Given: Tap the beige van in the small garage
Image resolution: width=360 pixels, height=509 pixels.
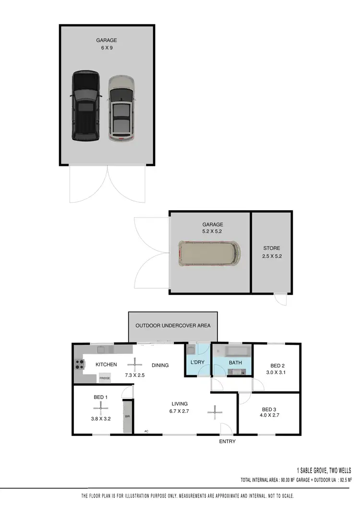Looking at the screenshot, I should point(209,253).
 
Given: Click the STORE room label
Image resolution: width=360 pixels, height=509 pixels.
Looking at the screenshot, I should point(271,248).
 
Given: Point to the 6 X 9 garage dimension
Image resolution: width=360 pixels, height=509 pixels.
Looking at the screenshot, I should point(106,48).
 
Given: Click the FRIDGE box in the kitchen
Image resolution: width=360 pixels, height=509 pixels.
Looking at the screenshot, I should point(105,378).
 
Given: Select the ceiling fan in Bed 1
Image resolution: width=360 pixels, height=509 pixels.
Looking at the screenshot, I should point(100,408).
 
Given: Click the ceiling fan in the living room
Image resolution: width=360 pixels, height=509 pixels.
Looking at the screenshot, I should point(215,411).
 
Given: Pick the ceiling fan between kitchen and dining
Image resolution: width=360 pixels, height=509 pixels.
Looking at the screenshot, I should point(133,364).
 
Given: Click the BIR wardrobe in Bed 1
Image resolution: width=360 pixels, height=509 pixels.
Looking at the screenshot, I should point(127,416).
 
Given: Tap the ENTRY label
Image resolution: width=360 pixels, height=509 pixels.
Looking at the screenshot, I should point(227,442).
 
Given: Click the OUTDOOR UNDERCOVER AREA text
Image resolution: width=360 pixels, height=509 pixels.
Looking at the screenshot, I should point(173,326).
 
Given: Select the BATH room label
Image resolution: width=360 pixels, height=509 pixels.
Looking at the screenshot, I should point(235,363).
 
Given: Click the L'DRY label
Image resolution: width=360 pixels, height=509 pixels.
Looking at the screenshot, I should point(198,363).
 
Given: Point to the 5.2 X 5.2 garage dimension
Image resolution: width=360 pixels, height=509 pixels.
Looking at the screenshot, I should point(213,231).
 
